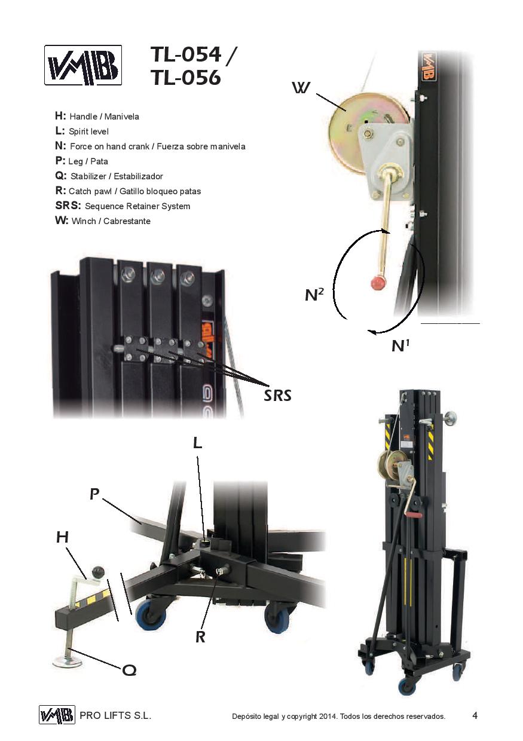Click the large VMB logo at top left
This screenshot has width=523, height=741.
83,65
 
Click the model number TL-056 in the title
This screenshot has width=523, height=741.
185,78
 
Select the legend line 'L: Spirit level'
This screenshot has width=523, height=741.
82,131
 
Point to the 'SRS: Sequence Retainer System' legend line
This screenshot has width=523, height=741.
122,206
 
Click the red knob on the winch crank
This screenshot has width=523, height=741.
377,283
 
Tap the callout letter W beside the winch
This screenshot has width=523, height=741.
301,88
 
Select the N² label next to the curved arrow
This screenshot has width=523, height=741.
314,294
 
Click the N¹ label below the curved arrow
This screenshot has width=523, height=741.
400,345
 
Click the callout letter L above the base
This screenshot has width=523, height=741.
198,442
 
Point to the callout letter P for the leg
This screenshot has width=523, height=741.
94,494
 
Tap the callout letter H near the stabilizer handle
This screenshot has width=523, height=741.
62,537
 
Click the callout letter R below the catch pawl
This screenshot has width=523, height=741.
200,637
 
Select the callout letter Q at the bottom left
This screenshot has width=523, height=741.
129,670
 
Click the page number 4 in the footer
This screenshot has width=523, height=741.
475,715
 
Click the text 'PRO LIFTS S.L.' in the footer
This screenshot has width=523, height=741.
115,715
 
